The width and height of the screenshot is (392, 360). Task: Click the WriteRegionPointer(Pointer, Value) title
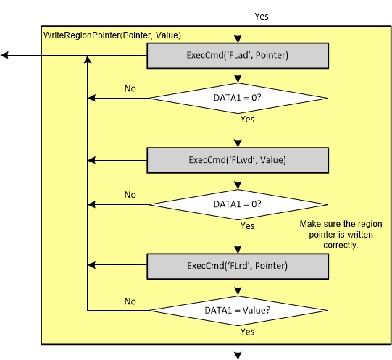coord(112,35)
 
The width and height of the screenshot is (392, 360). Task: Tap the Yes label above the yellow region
coord(263,15)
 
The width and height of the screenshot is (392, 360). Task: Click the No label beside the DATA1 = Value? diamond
coord(130,301)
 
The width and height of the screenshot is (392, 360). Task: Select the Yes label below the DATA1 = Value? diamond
coord(247,332)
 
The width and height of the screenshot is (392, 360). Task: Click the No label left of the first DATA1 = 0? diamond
coord(130,88)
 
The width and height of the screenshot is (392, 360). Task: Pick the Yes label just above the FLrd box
coord(247,225)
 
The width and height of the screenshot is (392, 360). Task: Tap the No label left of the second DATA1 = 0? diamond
coord(130,195)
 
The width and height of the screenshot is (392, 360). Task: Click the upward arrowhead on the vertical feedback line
coord(88,61)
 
